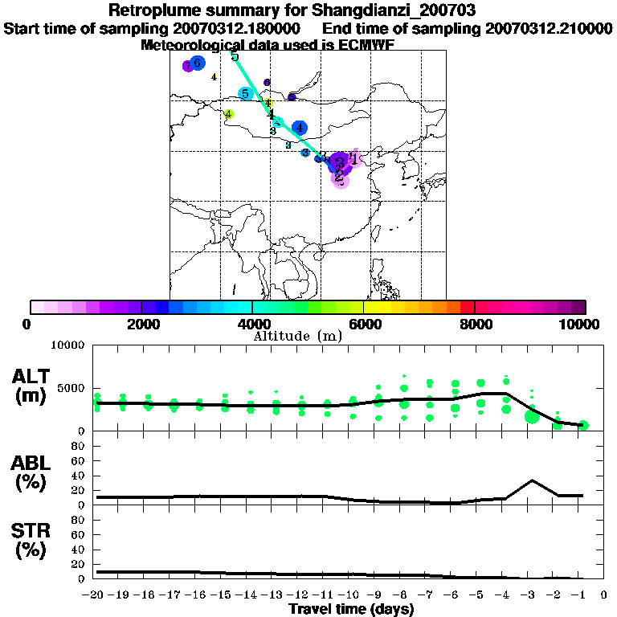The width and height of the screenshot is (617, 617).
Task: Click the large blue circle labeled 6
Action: coord(198,63)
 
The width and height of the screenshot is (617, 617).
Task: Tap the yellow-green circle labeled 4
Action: coord(229,115)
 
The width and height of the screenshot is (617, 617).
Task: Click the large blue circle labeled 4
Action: coord(300,127)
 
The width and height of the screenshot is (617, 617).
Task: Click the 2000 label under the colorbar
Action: coord(141,325)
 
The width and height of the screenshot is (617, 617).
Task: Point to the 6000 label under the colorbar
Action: coord(364,325)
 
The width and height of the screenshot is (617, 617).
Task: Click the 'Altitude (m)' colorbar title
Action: coord(297,335)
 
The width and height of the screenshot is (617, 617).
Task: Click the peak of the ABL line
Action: coord(532,480)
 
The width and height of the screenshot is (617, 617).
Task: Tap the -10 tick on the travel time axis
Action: coord(352,596)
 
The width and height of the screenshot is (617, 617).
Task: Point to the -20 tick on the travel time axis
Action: coord(96,596)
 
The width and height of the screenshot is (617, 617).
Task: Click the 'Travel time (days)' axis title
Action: coord(351,610)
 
